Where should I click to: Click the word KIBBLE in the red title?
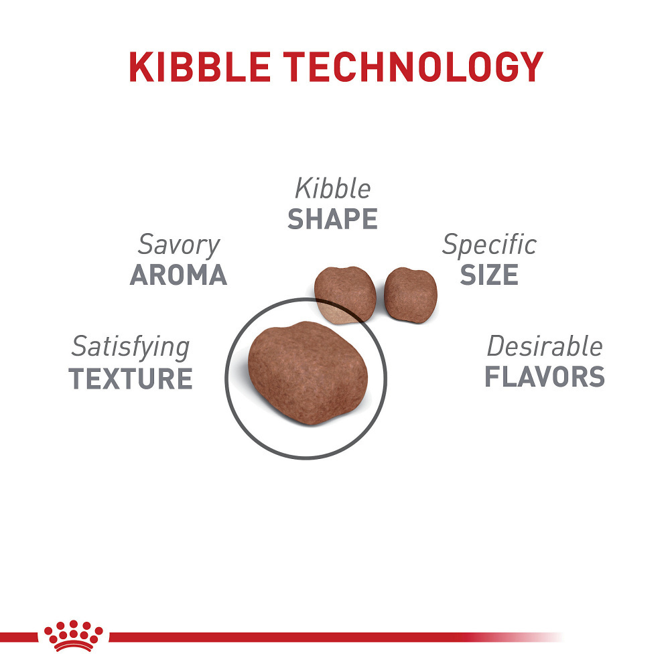[200, 66]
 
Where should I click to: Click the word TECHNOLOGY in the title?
[413, 66]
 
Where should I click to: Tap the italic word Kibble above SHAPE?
[332, 188]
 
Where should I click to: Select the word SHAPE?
[332, 219]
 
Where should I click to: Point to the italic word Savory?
[179, 245]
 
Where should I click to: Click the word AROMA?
[178, 275]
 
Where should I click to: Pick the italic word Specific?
[489, 245]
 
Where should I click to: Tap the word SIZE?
[489, 275]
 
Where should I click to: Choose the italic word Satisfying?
[131, 347]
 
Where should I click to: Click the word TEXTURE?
[131, 379]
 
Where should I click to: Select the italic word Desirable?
[544, 346]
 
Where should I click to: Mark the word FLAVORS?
[544, 377]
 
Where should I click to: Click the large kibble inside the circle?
[308, 373]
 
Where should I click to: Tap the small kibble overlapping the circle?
[345, 295]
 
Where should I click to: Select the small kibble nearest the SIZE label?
[411, 295]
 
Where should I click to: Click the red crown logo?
[74, 635]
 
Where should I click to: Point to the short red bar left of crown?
[19, 636]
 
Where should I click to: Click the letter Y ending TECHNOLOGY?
[530, 66]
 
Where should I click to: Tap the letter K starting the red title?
[141, 66]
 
